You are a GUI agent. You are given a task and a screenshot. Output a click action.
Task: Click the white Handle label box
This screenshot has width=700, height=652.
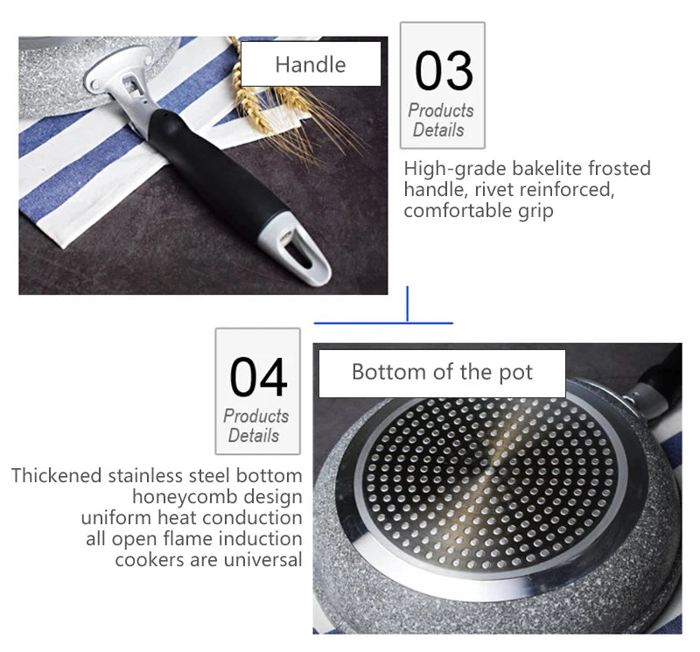[311, 65]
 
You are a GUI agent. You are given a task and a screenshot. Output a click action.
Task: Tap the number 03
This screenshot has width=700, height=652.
[444, 72]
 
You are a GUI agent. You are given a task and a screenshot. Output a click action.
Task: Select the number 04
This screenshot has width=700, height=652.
[258, 377]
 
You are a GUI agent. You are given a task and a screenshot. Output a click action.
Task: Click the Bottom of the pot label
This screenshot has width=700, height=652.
[442, 373]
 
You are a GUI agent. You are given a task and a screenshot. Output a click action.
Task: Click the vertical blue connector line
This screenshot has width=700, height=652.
[408, 304]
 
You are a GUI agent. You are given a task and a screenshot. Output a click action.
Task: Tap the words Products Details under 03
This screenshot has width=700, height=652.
[440, 121]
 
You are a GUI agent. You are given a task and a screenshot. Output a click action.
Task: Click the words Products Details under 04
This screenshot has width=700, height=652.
[255, 426]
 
